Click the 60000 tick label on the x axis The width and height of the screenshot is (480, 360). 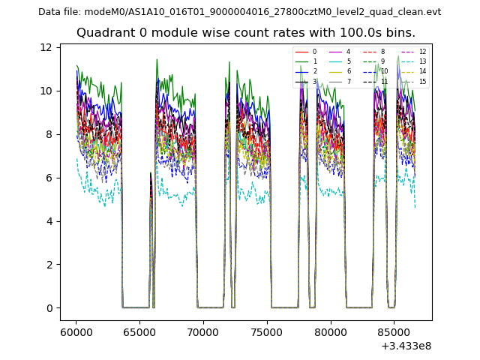(x=76, y=331)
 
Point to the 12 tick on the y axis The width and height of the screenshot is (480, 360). (x=46, y=47)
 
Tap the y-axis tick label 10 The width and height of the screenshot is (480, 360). (x=46, y=91)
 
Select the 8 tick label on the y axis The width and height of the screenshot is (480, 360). (x=49, y=134)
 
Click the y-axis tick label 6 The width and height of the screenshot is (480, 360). (x=49, y=178)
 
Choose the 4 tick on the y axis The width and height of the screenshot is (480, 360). (x=49, y=221)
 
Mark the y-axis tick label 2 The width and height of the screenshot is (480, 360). (x=49, y=265)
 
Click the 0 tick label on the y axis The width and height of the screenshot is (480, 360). (x=49, y=308)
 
